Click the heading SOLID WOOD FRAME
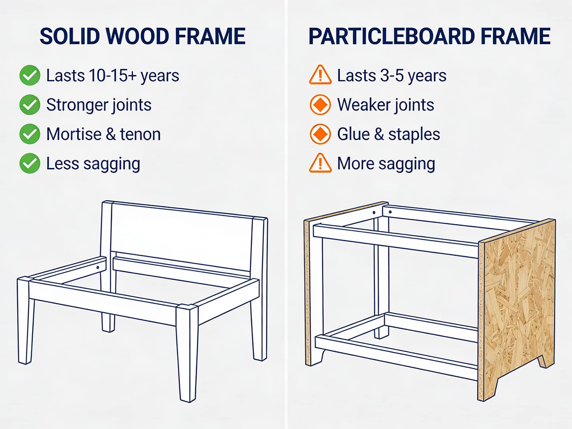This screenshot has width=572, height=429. click(x=142, y=36)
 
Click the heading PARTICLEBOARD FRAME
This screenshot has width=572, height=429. click(x=429, y=36)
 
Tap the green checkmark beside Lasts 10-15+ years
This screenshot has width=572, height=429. click(x=30, y=75)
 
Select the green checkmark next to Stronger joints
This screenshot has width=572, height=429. click(x=30, y=105)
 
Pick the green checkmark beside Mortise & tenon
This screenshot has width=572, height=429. click(x=30, y=134)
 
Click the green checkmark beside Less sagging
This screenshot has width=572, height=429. click(x=30, y=163)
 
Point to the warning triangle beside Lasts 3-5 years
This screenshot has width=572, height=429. click(x=320, y=75)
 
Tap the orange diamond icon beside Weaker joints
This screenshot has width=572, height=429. click(x=320, y=105)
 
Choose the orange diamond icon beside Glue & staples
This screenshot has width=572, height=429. click(x=320, y=134)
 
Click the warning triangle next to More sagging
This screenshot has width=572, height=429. click(x=320, y=163)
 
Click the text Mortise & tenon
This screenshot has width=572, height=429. click(x=103, y=134)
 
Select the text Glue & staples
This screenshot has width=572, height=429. click(x=388, y=134)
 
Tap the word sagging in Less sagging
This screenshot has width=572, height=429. click(x=112, y=164)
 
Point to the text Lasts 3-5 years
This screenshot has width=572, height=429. click(x=391, y=75)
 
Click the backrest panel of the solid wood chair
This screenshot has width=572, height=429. click(x=182, y=235)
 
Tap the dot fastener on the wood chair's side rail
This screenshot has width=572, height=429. click(x=98, y=268)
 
